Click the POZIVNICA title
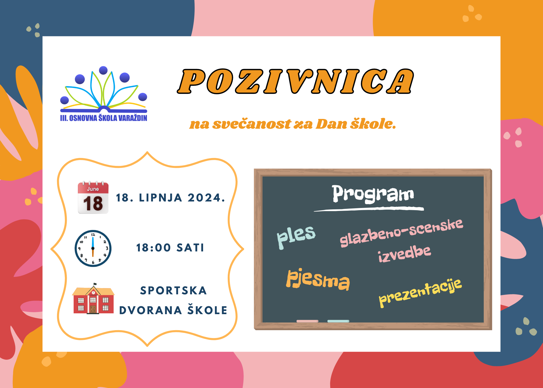click(x=295, y=81)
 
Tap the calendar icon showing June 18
click(x=93, y=197)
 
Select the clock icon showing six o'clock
click(x=93, y=248)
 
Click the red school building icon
click(x=93, y=298)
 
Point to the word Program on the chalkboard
click(x=373, y=194)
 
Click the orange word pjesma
click(x=318, y=280)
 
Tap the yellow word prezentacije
click(x=420, y=293)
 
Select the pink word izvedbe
click(x=404, y=254)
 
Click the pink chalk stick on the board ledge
click(x=307, y=321)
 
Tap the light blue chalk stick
click(x=338, y=321)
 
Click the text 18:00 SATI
click(x=170, y=248)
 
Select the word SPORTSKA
click(x=173, y=291)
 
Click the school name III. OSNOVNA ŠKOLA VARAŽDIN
click(x=104, y=118)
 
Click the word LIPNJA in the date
click(x=160, y=198)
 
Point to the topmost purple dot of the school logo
click(x=103, y=70)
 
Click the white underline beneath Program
click(x=369, y=209)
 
